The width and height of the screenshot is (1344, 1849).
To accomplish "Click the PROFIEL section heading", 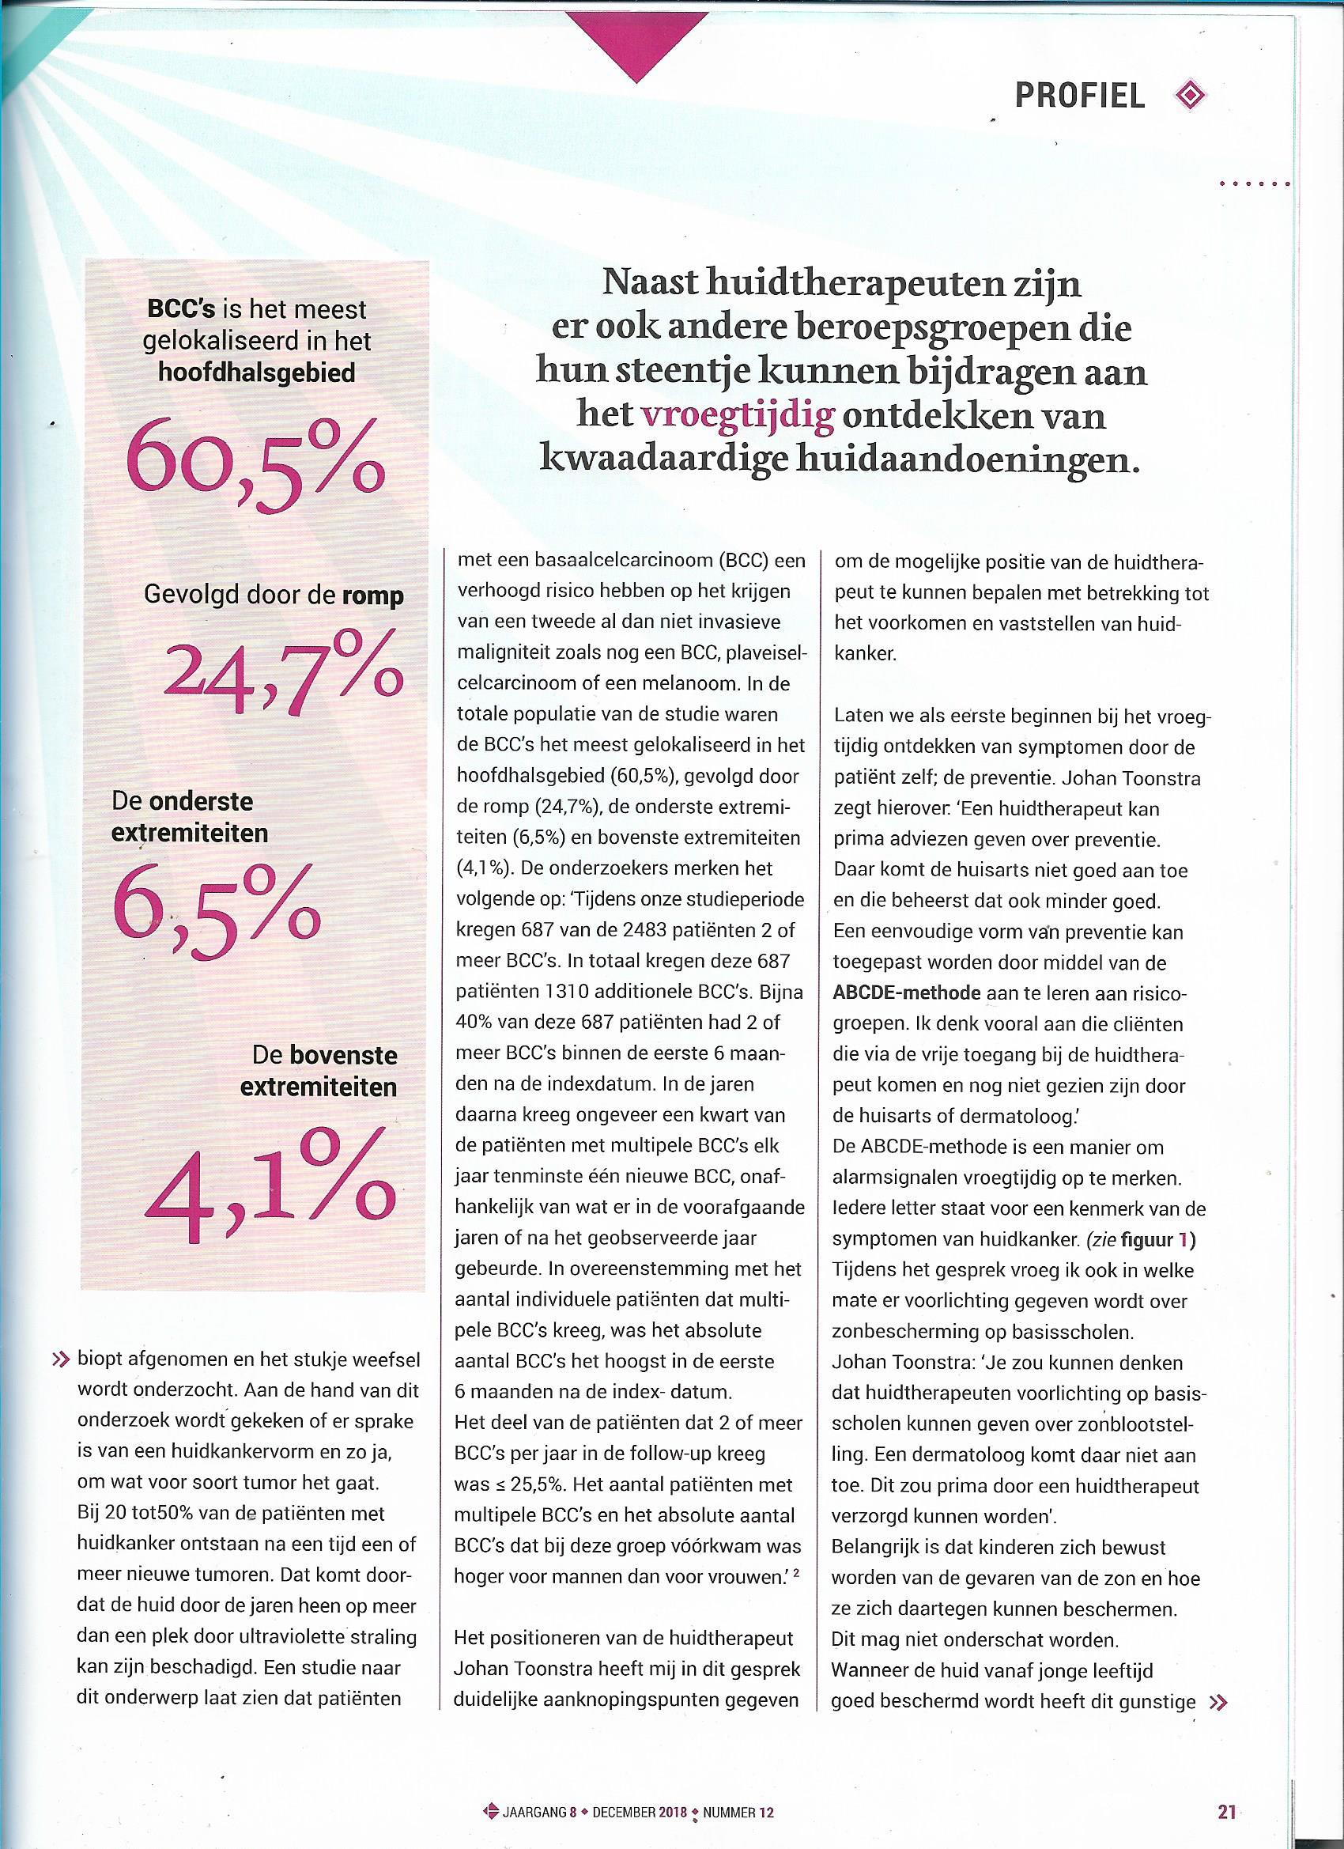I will coord(1079,96).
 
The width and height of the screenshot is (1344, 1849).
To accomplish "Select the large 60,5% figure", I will coord(256,471).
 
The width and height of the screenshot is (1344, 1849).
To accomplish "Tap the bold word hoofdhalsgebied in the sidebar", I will coord(259,372).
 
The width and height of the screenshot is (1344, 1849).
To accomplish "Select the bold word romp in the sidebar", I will coord(373,596).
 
